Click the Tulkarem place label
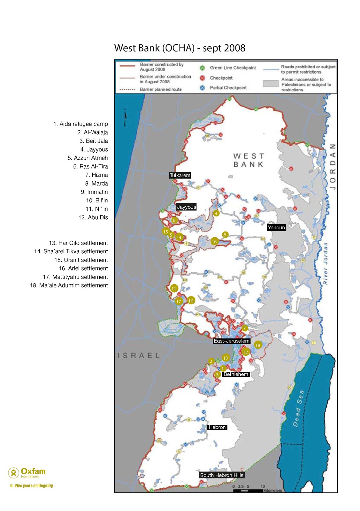pyautogui.click(x=180, y=175)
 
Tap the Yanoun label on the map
pyautogui.click(x=276, y=227)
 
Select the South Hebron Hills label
pyautogui.click(x=222, y=475)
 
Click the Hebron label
pyautogui.click(x=217, y=427)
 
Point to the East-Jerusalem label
pyautogui.click(x=232, y=341)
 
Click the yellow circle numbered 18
pyautogui.click(x=258, y=345)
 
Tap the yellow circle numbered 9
pyautogui.click(x=216, y=213)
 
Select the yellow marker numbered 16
pyautogui.click(x=214, y=241)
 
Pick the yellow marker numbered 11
pyautogui.click(x=174, y=289)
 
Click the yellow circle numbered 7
pyautogui.click(x=244, y=328)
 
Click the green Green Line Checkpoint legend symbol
pyautogui.click(x=202, y=68)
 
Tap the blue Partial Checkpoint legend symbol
pyautogui.click(x=202, y=88)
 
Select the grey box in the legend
pyautogui.click(x=271, y=84)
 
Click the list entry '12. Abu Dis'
pyautogui.click(x=93, y=217)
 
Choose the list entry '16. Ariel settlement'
pyautogui.click(x=83, y=269)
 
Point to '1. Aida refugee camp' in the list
pyautogui.click(x=80, y=124)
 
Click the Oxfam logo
pyautogui.click(x=27, y=472)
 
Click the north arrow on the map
pyautogui.click(x=126, y=117)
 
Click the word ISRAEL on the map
pyautogui.click(x=139, y=355)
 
